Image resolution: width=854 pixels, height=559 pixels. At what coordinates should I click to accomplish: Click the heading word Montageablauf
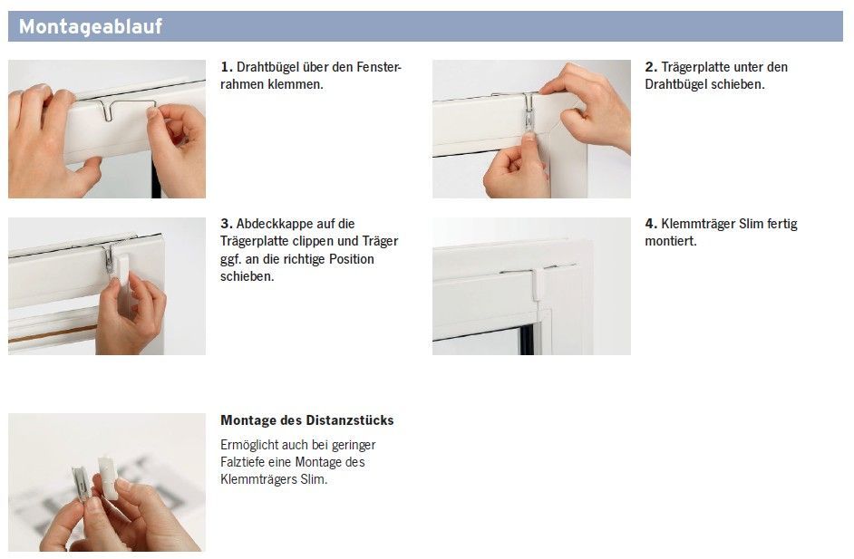pyautogui.click(x=91, y=26)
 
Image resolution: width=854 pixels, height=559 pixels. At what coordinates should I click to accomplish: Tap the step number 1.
pyautogui.click(x=226, y=67)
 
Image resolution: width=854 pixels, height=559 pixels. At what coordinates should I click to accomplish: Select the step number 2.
pyautogui.click(x=651, y=67)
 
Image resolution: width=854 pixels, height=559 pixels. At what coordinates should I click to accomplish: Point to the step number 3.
pyautogui.click(x=226, y=224)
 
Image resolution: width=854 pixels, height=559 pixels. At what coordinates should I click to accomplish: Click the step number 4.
pyautogui.click(x=651, y=224)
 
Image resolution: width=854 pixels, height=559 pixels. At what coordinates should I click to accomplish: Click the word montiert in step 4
pyautogui.click(x=671, y=241)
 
